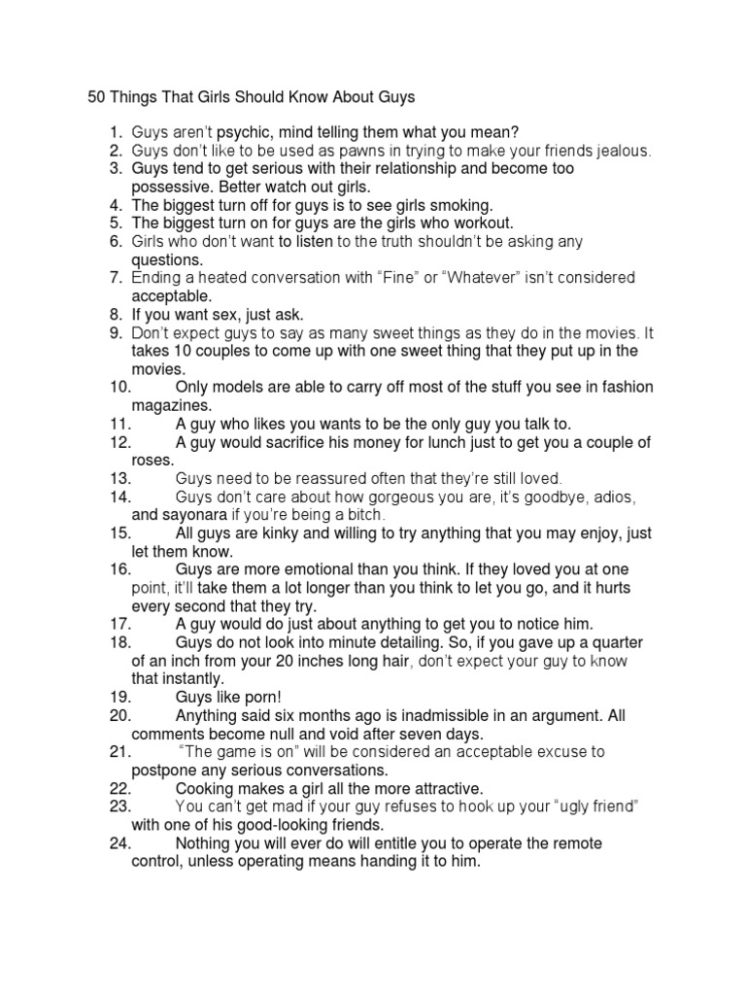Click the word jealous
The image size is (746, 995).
click(x=619, y=151)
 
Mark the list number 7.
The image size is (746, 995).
click(x=115, y=278)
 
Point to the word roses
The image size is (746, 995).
click(x=152, y=460)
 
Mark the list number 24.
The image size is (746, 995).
click(x=120, y=843)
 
